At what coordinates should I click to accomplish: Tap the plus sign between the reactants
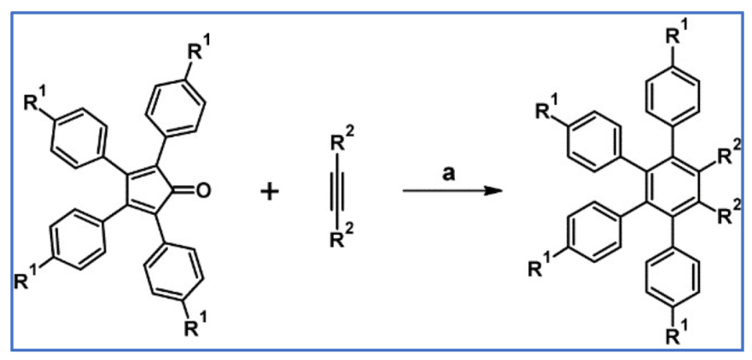pos(269,191)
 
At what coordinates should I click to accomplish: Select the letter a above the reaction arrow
pos(447,171)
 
